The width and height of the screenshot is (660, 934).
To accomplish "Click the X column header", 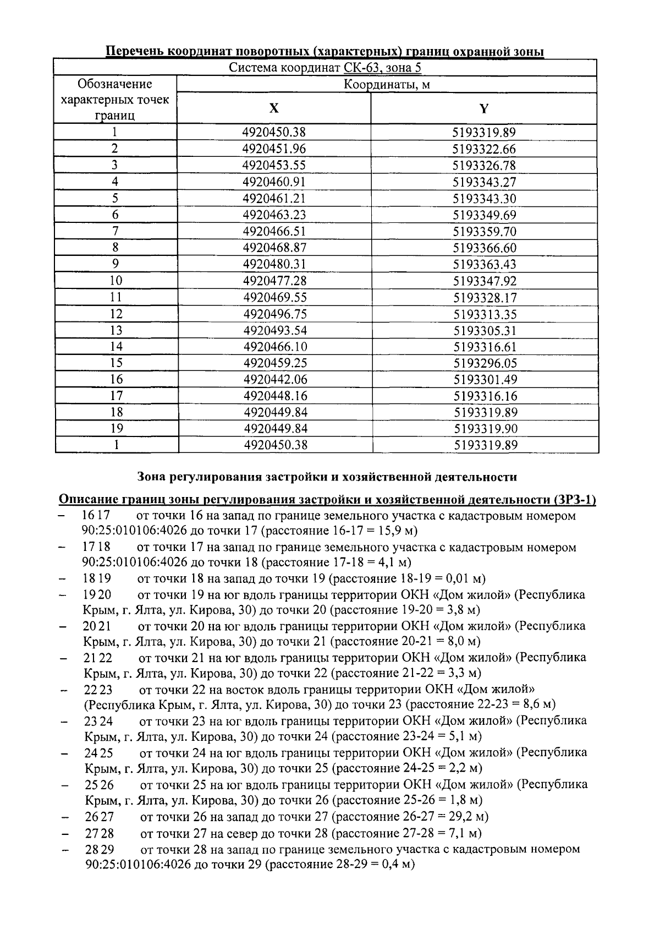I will pyautogui.click(x=273, y=108).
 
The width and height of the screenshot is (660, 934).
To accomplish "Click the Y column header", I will pyautogui.click(x=483, y=108).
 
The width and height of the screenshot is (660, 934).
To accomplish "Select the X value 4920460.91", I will pyautogui.click(x=274, y=182).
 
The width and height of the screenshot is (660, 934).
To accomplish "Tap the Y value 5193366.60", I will pyautogui.click(x=485, y=248).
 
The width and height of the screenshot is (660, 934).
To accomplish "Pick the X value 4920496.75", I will pyautogui.click(x=274, y=314).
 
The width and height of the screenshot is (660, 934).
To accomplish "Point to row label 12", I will pyautogui.click(x=116, y=314).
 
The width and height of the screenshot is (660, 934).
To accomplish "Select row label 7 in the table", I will pyautogui.click(x=116, y=231).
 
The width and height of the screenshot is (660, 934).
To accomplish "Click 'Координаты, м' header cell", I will pyautogui.click(x=387, y=85).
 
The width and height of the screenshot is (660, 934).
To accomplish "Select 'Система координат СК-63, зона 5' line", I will pyautogui.click(x=326, y=68).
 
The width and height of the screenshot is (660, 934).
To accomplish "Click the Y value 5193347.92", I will pyautogui.click(x=485, y=281).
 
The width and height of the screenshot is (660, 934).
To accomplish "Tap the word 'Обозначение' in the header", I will pyautogui.click(x=115, y=84).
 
